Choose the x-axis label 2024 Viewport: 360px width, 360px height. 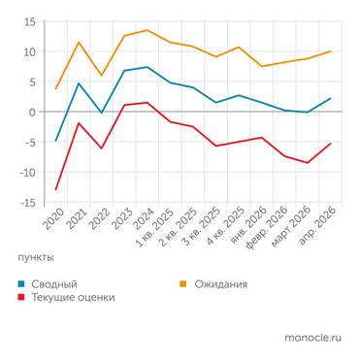coord(141,221)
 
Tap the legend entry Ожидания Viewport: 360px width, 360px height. coord(218,284)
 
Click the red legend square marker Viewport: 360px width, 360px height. coord(22,298)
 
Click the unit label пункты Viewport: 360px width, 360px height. coord(36,257)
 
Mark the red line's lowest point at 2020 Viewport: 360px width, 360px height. coord(56,189)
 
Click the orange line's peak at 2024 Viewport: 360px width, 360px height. coord(147,30)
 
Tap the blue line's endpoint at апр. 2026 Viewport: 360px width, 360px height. coord(331,98)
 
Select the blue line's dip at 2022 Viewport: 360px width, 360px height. coord(102,114)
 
